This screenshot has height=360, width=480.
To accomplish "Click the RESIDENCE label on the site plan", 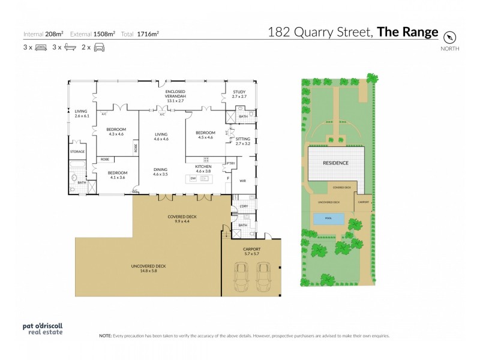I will click(x=336, y=163).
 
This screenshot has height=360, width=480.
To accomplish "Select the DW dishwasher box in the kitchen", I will click(x=193, y=178).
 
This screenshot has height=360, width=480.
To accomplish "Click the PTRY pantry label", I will click(x=230, y=163).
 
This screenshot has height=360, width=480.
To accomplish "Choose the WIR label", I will click(x=242, y=179).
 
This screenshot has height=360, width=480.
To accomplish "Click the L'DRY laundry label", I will click(x=243, y=206).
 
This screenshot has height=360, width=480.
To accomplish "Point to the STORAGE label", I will click(x=77, y=152).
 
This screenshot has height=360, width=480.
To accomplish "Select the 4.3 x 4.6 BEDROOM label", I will click(x=116, y=132).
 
